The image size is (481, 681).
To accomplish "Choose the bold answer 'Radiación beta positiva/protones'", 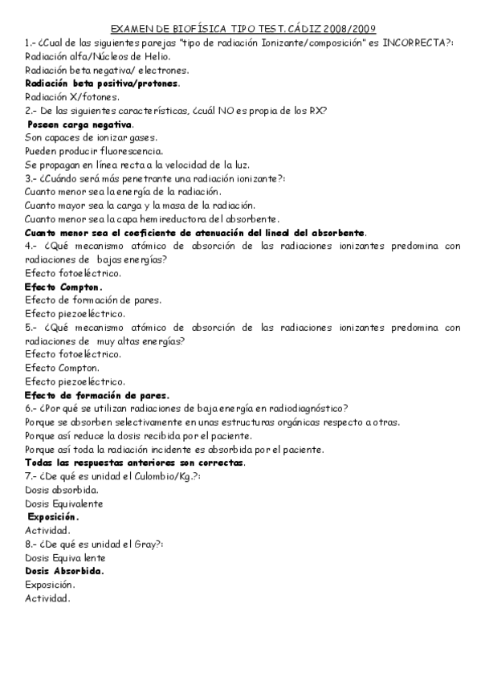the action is click(x=102, y=84).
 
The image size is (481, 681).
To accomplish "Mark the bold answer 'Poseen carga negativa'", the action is click(x=80, y=124).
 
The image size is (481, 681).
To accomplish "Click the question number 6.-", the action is click(x=31, y=409).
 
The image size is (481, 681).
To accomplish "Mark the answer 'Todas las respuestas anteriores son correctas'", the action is click(x=135, y=463).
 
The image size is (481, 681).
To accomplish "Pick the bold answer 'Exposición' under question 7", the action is click(x=52, y=517).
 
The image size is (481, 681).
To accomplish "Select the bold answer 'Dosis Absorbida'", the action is click(x=64, y=571).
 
